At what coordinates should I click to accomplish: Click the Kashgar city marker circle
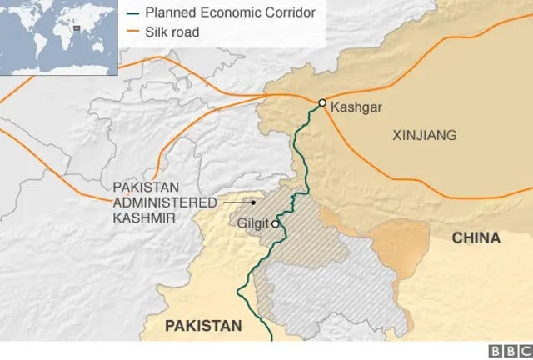coord(322,102)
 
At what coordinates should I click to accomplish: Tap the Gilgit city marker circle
coord(275,223)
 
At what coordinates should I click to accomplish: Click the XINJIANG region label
coord(424,134)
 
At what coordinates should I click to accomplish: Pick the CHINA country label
coord(476,238)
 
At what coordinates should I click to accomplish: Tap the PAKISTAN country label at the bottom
coord(202,326)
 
